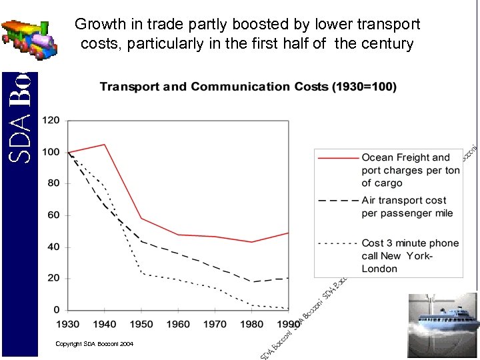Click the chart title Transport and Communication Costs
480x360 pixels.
tap(248, 87)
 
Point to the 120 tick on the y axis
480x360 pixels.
tap(51, 121)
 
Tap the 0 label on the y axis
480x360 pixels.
tap(57, 310)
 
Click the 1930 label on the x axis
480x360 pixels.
tap(68, 324)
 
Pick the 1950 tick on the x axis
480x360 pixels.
tap(141, 324)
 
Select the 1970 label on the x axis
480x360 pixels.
tap(215, 324)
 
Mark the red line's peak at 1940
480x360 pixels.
tap(105, 144)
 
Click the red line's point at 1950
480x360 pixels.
tap(141, 218)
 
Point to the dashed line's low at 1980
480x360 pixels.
tap(252, 281)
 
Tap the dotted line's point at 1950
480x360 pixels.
tap(141, 273)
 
